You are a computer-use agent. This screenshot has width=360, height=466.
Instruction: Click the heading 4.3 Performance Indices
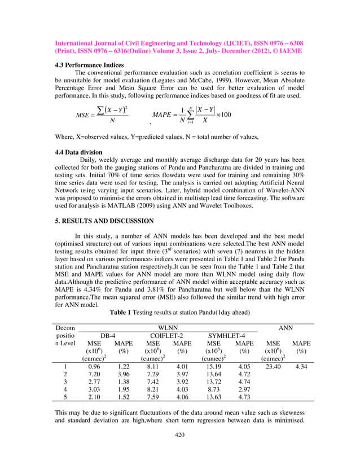point(89,65)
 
